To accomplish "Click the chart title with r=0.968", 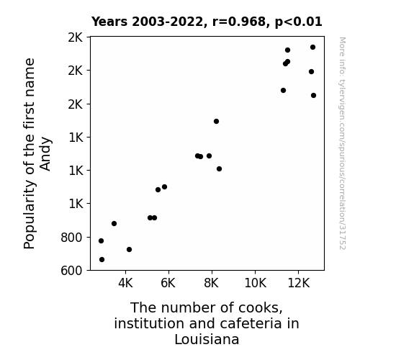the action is click(207, 22).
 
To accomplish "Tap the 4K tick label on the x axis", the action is click(125, 283).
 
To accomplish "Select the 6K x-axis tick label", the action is click(168, 283).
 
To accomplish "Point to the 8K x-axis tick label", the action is click(212, 283).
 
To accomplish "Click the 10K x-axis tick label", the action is click(255, 283).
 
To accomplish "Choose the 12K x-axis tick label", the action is click(298, 283).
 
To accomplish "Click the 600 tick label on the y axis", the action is click(71, 271).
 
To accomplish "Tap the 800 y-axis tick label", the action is click(71, 238).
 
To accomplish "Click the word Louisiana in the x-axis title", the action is click(207, 339).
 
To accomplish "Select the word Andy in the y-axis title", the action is click(45, 153).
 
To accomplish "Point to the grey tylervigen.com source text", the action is click(342, 143).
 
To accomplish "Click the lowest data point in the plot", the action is click(102, 260).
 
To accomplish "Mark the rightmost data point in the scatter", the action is click(313, 95).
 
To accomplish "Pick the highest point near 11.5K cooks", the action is click(287, 50).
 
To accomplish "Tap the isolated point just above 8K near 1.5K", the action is click(216, 121).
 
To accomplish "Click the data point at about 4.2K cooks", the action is click(129, 249).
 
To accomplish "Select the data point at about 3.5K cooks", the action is click(114, 223).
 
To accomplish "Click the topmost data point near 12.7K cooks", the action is click(313, 47).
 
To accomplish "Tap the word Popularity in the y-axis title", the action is click(29, 215).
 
